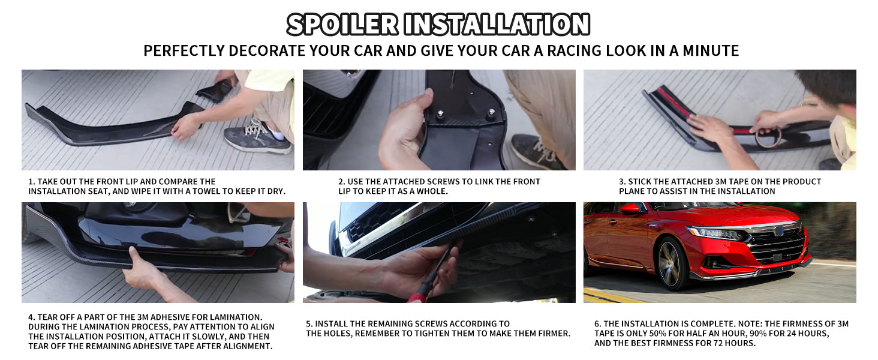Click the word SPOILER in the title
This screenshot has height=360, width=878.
[x=342, y=25]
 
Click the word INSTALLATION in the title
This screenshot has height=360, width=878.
[x=497, y=25]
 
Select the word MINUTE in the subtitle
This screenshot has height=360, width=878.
[x=711, y=50]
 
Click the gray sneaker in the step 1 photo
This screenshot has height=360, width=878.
[x=258, y=138]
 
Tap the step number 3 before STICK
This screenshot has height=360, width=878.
[x=622, y=182]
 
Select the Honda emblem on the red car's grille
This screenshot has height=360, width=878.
[x=778, y=231]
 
